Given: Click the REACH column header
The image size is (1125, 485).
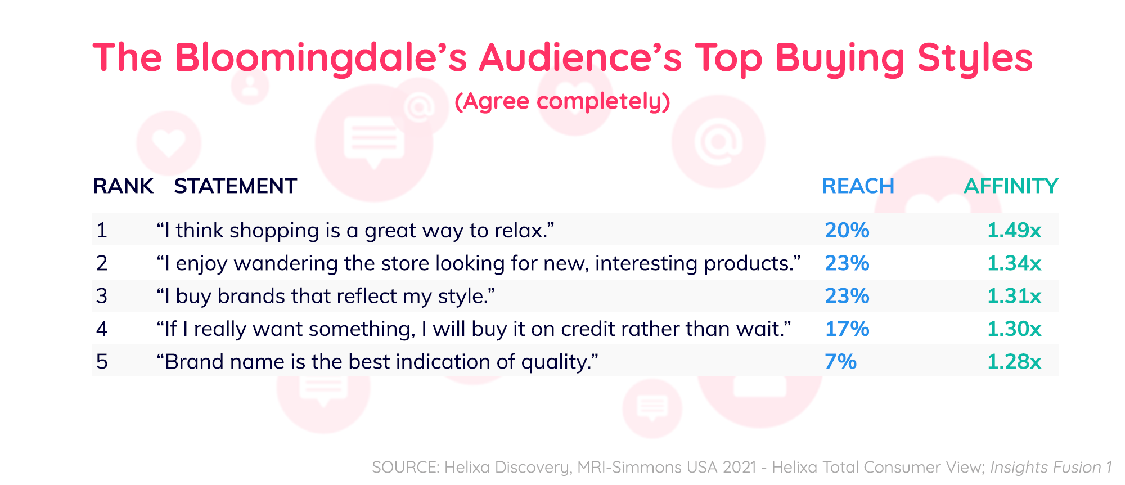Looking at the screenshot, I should click(x=858, y=186).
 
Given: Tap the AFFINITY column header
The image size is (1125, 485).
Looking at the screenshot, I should click(x=1011, y=186).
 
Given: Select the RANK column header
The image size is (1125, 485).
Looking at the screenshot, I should click(x=123, y=186).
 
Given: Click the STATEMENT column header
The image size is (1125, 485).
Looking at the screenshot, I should click(x=235, y=186).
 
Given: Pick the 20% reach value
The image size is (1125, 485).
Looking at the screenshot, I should click(x=847, y=230).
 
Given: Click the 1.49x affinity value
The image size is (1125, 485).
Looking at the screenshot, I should click(x=1014, y=230).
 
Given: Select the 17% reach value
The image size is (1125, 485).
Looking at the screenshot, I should click(x=847, y=329).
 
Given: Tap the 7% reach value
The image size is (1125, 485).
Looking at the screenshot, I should click(x=840, y=361).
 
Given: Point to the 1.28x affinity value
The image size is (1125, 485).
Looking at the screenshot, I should click(x=1014, y=361).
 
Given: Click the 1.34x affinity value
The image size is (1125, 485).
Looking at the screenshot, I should click(x=1014, y=263).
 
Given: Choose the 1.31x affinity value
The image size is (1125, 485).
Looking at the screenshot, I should click(x=1014, y=296).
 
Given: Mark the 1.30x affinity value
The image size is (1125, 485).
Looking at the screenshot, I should click(x=1014, y=329).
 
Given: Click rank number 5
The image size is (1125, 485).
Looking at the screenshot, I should click(x=102, y=361).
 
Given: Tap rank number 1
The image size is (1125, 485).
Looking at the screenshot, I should click(x=102, y=230).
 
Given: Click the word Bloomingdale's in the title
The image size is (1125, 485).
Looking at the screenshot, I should click(x=321, y=58).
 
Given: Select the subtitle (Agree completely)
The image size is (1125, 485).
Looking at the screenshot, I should click(x=562, y=102).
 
